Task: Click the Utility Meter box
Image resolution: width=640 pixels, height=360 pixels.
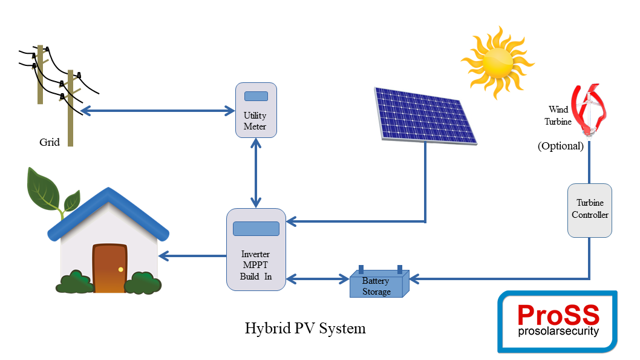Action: pyautogui.click(x=256, y=110)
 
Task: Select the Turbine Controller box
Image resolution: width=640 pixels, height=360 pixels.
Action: pyautogui.click(x=589, y=211)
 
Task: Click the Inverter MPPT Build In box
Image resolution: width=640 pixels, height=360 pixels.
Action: pyautogui.click(x=256, y=249)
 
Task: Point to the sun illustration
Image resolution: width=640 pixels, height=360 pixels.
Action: pyautogui.click(x=498, y=62)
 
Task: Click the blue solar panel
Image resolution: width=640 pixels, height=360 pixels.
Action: pyautogui.click(x=425, y=116)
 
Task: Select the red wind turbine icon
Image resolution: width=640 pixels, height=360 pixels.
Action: pyautogui.click(x=589, y=110)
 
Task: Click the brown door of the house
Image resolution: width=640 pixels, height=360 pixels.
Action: pyautogui.click(x=110, y=268)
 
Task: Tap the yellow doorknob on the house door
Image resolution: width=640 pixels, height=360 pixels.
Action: pyautogui.click(x=120, y=269)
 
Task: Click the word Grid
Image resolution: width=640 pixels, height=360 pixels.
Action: pyautogui.click(x=50, y=142)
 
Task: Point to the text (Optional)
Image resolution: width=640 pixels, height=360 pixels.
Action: pyautogui.click(x=560, y=146)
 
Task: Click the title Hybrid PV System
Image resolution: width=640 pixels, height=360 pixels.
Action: pyautogui.click(x=305, y=328)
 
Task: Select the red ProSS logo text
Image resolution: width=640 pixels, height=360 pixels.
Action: pyautogui.click(x=558, y=315)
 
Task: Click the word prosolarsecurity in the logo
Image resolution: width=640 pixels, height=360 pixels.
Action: pyautogui.click(x=558, y=331)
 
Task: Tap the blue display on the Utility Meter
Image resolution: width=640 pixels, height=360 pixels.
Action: pyautogui.click(x=256, y=96)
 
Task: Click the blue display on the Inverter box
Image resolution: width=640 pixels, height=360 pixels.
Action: pyautogui.click(x=256, y=229)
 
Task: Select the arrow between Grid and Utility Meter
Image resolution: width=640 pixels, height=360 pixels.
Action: pyautogui.click(x=157, y=111)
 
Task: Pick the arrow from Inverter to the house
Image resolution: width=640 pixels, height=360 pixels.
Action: pyautogui.click(x=192, y=256)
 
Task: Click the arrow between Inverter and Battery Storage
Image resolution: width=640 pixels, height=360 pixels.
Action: pyautogui.click(x=318, y=279)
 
